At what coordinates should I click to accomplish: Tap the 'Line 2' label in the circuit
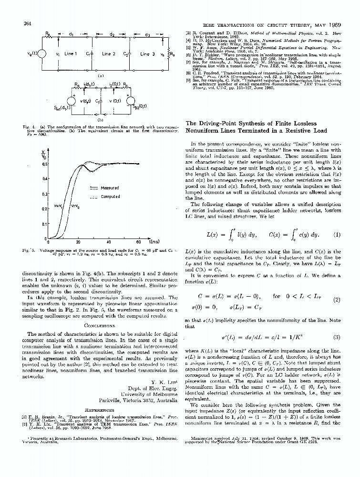(109, 54)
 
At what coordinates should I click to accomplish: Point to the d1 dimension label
(70, 34)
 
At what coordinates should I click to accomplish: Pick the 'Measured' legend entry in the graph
(110, 188)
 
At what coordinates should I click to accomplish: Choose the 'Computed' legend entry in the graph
(110, 197)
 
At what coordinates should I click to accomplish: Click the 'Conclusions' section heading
(100, 326)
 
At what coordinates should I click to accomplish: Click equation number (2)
(337, 300)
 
